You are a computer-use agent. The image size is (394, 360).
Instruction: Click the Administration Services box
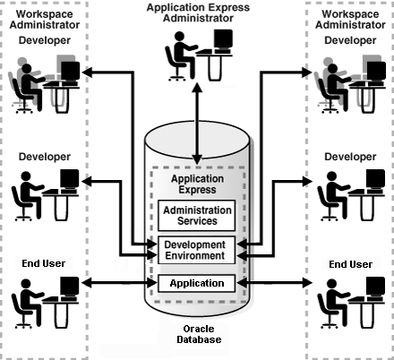196,216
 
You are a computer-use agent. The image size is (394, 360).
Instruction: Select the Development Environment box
196,250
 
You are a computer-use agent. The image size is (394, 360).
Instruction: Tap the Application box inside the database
196,283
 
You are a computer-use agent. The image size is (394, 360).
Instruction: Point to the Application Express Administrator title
197,13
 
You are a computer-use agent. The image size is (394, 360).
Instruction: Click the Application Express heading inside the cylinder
196,185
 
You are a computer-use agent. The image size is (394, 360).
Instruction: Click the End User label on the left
44,264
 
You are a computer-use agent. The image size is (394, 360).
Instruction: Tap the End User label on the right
350,264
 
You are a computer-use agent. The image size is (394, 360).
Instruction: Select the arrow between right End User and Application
274,284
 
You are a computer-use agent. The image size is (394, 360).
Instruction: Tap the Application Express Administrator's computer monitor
222,41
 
